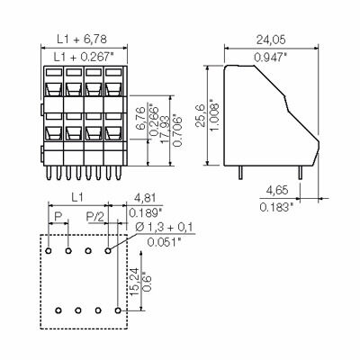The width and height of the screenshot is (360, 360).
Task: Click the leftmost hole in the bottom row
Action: click(x=58, y=310)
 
